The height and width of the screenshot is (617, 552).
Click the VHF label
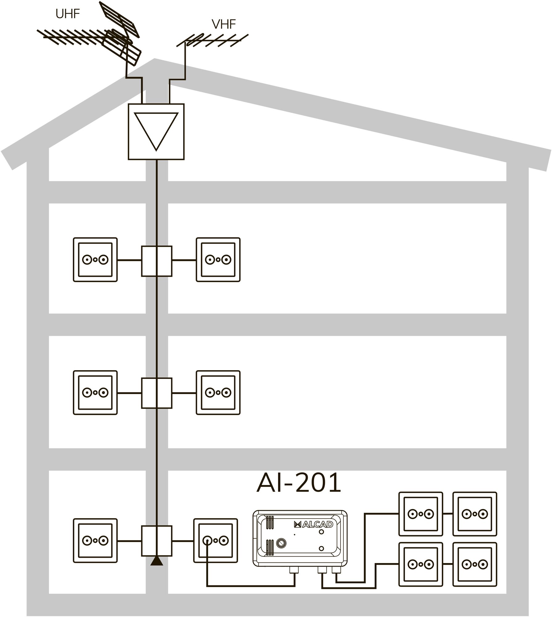click(224, 24)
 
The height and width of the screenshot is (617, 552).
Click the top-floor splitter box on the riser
click(157, 261)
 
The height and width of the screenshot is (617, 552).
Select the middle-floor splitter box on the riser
click(157, 393)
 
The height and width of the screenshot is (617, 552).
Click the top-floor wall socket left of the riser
click(95, 260)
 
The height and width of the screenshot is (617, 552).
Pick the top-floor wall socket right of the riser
click(218, 260)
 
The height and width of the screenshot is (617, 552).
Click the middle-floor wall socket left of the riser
click(95, 393)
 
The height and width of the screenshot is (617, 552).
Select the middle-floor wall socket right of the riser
click(218, 393)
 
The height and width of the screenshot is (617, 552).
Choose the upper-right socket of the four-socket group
click(475, 514)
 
